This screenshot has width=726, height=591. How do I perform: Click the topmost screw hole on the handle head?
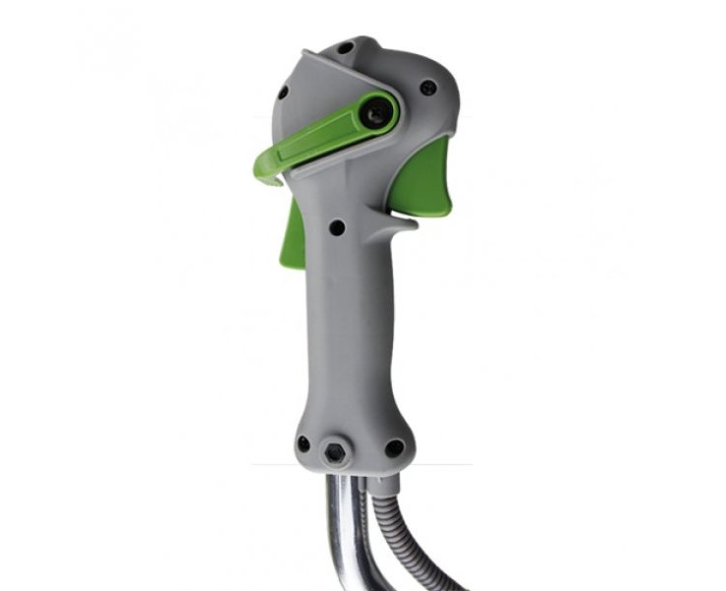[x=346, y=46]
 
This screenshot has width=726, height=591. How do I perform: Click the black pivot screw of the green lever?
[x=376, y=115]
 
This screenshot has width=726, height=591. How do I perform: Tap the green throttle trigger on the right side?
[x=430, y=177]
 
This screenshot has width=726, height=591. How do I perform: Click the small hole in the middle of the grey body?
[x=337, y=228]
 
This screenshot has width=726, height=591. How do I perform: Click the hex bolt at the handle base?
[x=337, y=453]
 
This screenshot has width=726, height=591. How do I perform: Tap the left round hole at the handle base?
[x=303, y=443]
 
